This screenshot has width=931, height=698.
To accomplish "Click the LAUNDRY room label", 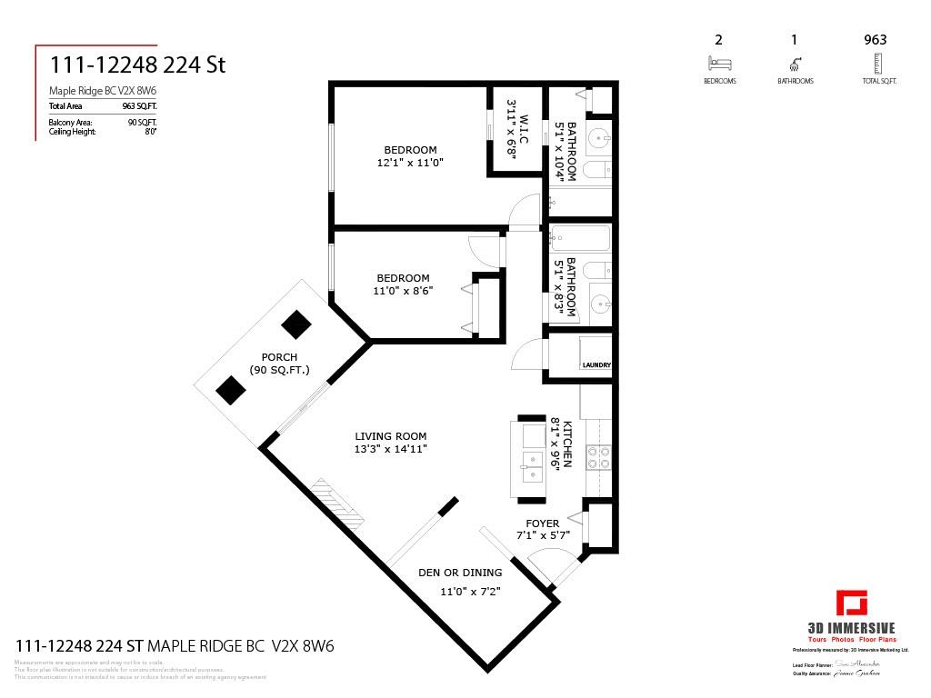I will [x=596, y=365].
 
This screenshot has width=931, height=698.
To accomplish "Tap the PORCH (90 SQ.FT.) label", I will [x=279, y=364].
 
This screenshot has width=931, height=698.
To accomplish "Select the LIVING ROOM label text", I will [x=391, y=436].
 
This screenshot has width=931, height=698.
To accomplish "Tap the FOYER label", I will [x=543, y=523].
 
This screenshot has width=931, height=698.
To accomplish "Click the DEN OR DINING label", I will [x=459, y=573].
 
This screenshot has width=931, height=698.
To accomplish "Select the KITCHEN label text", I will [x=567, y=444].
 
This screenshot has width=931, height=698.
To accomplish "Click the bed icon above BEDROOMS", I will [x=719, y=64].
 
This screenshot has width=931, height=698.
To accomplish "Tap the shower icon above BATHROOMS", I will [x=796, y=64].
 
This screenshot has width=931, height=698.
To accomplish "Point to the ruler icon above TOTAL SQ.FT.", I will [x=876, y=64].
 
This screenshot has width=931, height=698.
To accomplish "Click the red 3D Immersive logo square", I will [x=852, y=603].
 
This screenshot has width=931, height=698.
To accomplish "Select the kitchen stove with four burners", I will [x=598, y=455].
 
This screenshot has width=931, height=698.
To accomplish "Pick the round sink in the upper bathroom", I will [x=599, y=139].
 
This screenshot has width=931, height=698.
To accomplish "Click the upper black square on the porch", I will [x=295, y=324].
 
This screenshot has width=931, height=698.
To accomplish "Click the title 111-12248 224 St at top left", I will [x=136, y=65].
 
